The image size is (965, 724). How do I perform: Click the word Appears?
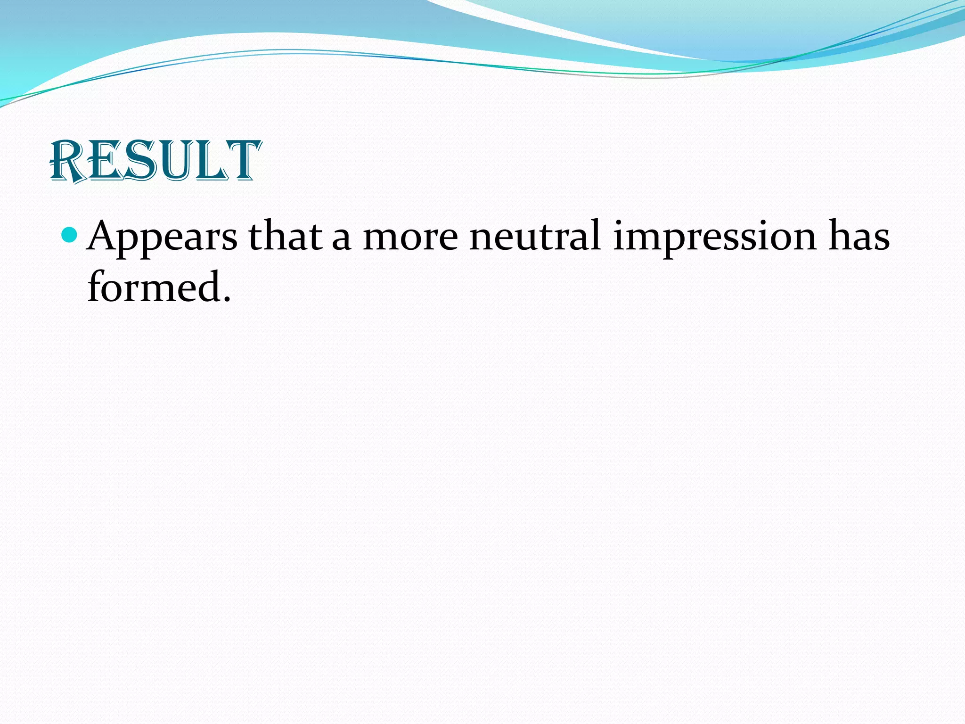163,237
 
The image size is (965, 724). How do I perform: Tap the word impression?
714,237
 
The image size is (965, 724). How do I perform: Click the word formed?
154,286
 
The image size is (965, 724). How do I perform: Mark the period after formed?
227,299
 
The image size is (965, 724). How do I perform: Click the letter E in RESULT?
105,162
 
